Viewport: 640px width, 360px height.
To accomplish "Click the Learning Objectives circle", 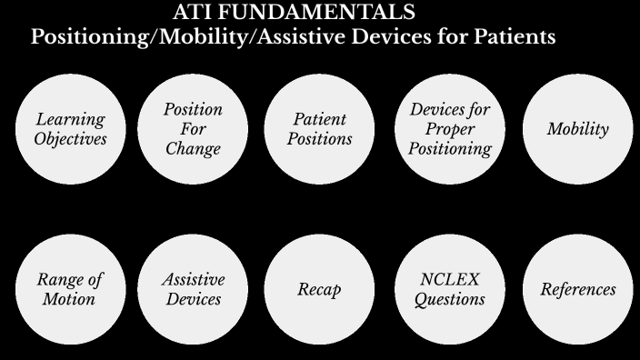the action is (x=70, y=128).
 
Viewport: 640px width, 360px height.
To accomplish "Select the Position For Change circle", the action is (x=193, y=128).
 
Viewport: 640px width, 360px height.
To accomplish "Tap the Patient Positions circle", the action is (x=320, y=128).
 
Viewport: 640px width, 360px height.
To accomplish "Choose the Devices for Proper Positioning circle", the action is (x=449, y=128).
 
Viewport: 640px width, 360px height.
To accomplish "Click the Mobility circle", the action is (x=577, y=128).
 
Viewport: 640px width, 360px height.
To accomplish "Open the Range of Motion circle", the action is (x=70, y=289).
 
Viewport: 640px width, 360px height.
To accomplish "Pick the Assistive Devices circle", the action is (x=193, y=289).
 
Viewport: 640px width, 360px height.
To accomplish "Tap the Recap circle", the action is (x=320, y=289).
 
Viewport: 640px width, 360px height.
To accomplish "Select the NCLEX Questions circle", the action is (x=449, y=289).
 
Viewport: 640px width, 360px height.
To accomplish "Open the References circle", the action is (x=577, y=289).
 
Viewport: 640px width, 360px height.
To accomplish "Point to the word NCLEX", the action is (x=449, y=279).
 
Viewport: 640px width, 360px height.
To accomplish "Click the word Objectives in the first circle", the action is (x=70, y=139).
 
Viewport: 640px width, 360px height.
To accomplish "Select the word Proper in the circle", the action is (x=449, y=129).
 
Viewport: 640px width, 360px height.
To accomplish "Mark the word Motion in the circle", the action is (x=69, y=299).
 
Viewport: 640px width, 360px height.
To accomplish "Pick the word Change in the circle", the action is (x=193, y=148).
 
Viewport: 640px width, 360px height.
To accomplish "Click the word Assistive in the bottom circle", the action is (x=193, y=279).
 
